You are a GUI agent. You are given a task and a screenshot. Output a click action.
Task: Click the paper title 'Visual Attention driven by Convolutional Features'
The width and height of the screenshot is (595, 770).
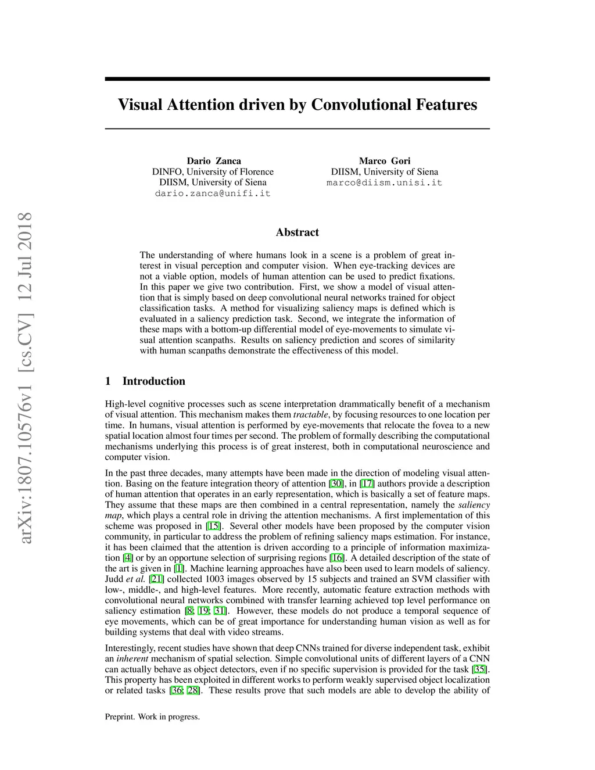[x=297, y=105]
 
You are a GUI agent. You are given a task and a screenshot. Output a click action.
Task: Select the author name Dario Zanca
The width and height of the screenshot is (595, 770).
[x=213, y=161]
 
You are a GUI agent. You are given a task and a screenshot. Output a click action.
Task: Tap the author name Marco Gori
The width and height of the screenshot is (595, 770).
[x=384, y=161]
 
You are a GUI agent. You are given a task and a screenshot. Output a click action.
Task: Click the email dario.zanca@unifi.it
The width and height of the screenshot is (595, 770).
[x=213, y=194]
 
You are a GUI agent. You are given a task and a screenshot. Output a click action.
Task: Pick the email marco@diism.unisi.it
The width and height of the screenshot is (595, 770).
[x=384, y=182]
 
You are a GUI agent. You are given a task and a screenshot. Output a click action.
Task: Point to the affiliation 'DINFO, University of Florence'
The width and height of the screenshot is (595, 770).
[x=213, y=172]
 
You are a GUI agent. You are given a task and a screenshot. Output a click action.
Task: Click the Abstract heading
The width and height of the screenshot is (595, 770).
[x=297, y=232]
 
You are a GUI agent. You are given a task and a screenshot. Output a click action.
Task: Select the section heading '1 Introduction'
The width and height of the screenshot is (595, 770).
[x=145, y=381]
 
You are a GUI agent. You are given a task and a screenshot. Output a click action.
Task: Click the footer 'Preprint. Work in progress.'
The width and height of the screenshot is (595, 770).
[x=152, y=717]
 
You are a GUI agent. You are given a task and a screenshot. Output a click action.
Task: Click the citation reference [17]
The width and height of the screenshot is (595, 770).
[x=367, y=484]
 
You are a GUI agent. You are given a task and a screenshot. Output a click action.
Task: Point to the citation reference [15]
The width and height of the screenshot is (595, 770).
[x=213, y=526]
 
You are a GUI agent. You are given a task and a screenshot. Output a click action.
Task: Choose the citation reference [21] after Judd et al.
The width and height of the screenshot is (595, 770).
[x=157, y=579]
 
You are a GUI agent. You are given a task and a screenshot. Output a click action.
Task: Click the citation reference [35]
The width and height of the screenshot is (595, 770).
[x=480, y=669]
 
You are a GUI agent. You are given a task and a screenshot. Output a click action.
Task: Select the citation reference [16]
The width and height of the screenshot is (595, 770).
[x=336, y=558]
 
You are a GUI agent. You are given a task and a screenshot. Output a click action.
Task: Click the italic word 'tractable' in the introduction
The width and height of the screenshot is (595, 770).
[x=310, y=415]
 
